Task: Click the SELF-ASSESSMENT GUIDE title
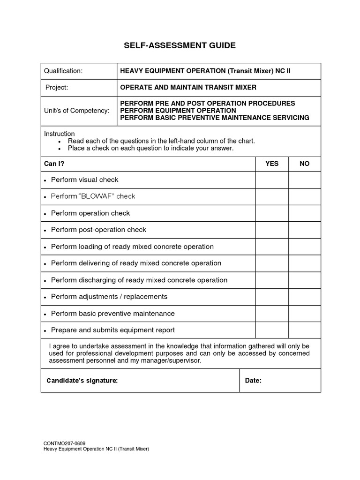(180, 45)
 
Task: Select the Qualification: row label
(63, 71)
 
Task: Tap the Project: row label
(57, 88)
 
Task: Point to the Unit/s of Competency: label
(77, 111)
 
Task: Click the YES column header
(272, 164)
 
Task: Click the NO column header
(305, 164)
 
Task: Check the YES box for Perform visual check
(272, 180)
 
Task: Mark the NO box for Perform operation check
(305, 213)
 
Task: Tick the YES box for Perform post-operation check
(272, 230)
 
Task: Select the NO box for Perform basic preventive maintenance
(305, 314)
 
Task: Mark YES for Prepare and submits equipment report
(272, 330)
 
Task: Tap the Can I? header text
(53, 164)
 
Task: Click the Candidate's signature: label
(82, 381)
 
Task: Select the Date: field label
(253, 381)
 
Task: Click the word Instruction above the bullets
(59, 134)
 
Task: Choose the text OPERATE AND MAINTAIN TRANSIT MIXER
(188, 88)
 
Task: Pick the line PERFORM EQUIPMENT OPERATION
(178, 111)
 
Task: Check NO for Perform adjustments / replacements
(305, 297)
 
